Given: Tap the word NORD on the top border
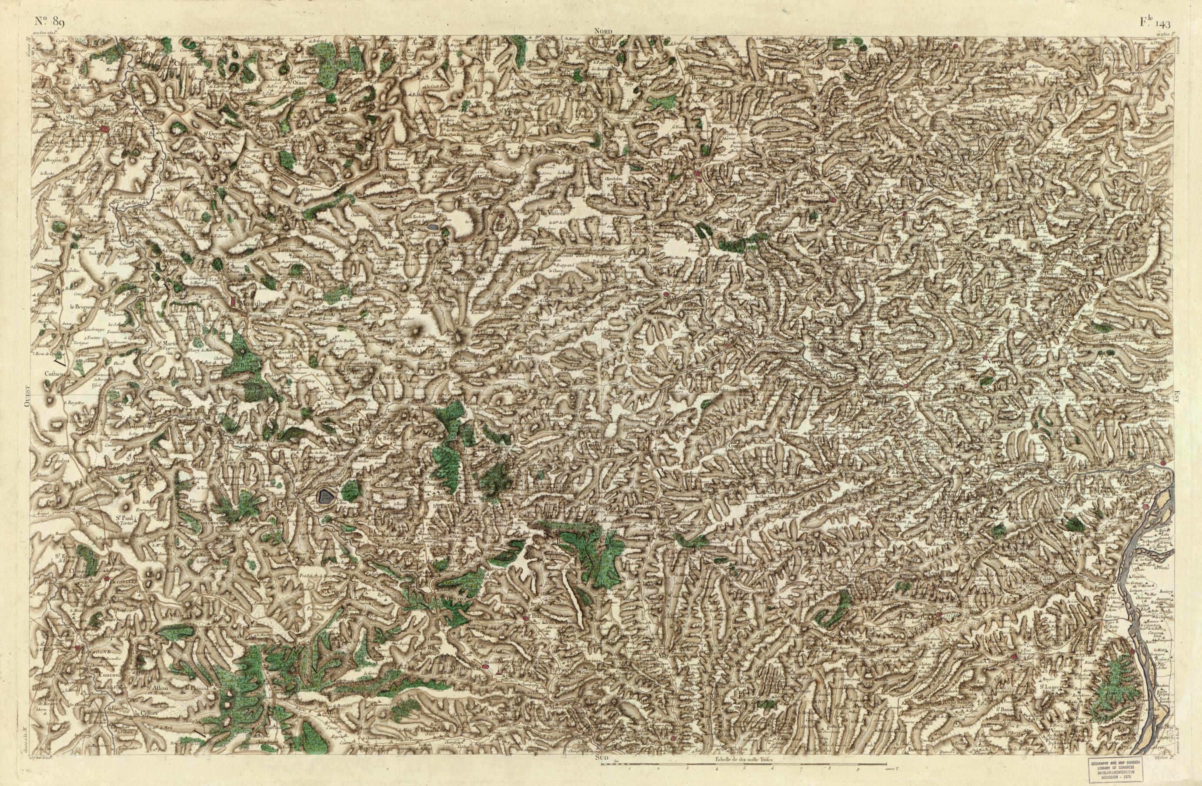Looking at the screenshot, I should [x=603, y=31].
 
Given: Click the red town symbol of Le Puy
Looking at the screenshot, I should [x=104, y=130].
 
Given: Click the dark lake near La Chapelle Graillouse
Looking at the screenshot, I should [x=324, y=497].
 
